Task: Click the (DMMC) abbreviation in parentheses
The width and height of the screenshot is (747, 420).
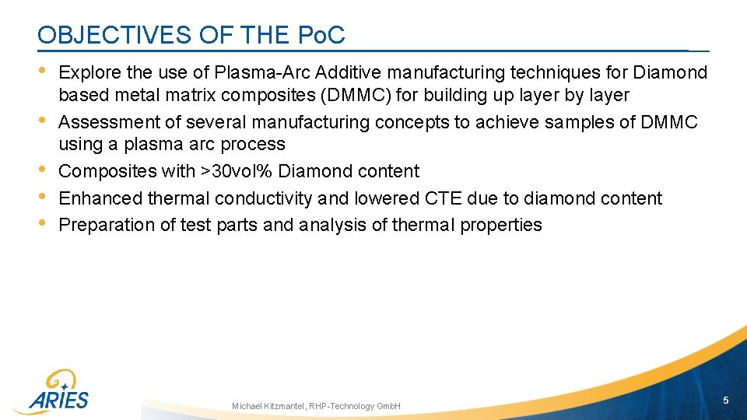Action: [356, 96]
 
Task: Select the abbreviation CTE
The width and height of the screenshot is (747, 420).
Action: [444, 198]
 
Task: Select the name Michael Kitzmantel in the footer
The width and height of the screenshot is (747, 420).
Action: [268, 406]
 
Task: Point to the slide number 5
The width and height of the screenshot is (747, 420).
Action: [725, 400]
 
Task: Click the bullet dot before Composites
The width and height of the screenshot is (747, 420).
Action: [44, 170]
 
